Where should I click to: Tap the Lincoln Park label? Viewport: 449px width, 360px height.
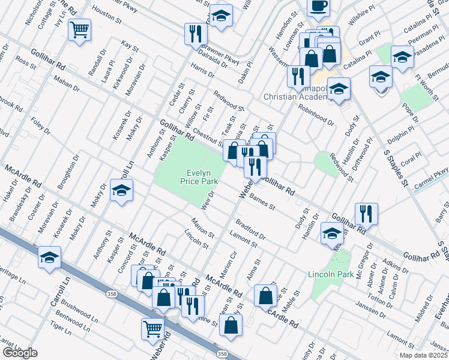coord(328,275)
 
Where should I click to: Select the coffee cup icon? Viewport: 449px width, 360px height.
coord(318,7)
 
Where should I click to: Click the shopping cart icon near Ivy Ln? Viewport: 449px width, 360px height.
coord(79,29)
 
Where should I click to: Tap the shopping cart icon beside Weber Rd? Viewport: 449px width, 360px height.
coord(152,329)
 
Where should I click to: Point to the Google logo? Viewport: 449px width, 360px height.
coord(20,353)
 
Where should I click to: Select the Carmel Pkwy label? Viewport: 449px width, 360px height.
coord(430,179)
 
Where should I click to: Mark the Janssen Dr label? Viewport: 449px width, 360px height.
coord(368,309)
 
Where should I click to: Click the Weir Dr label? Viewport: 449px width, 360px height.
coord(208,201)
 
